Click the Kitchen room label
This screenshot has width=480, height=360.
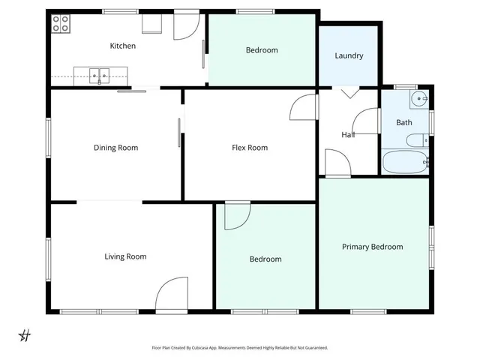[123, 46]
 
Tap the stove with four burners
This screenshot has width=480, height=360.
[61, 23]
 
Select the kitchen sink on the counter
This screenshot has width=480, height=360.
[99, 74]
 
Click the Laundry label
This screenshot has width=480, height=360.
[349, 55]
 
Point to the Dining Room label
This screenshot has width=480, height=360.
[115, 148]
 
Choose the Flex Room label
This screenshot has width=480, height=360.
[250, 148]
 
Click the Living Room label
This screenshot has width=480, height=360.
[125, 256]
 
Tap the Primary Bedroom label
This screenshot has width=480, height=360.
[372, 247]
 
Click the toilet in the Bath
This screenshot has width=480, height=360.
[415, 139]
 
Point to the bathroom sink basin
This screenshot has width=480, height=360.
[419, 98]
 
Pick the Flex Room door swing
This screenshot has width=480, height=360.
[303, 108]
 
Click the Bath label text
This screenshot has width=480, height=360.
[404, 122]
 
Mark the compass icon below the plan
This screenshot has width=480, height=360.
[25, 334]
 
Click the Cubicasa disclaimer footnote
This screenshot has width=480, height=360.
[240, 348]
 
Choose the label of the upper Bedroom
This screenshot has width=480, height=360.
[262, 50]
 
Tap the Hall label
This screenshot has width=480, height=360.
[348, 135]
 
